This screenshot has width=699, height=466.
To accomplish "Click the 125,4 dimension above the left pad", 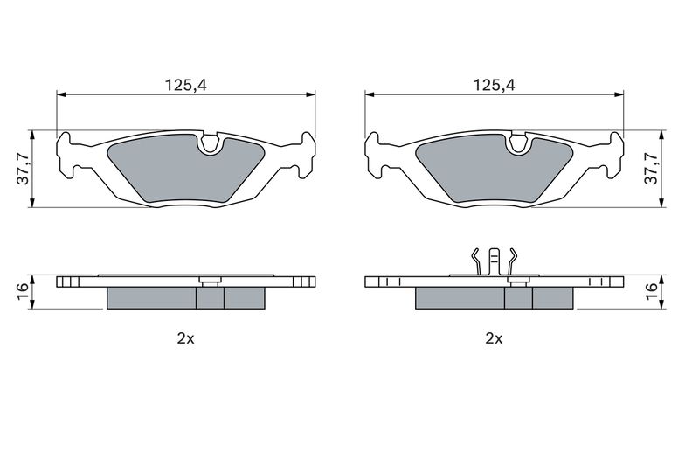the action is (186, 85).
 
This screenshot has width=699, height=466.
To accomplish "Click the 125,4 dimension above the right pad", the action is (494, 85).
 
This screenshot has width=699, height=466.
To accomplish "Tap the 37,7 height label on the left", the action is (23, 168).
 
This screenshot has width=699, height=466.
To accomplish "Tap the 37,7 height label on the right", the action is (652, 168).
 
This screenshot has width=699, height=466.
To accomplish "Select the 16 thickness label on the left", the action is (23, 292).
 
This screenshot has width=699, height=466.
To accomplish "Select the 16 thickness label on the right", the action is (652, 292).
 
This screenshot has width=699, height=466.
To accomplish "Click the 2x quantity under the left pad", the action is (185, 339).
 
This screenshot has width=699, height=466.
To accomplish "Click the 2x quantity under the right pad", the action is (494, 339).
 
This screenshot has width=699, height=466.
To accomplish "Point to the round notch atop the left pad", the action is (210, 143).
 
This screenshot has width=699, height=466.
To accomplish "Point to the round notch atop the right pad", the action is (518, 143).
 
